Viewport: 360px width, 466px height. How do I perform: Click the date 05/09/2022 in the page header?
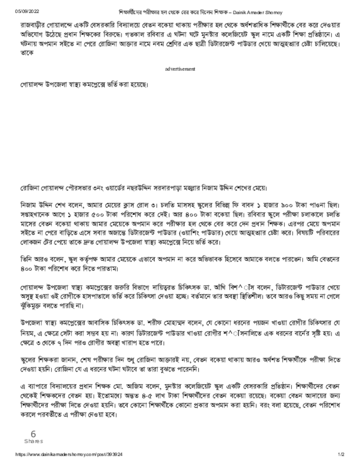26,11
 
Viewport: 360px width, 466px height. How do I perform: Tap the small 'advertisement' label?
180,69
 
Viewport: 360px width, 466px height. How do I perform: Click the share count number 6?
33,434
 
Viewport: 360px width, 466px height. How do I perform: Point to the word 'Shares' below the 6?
34,441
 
